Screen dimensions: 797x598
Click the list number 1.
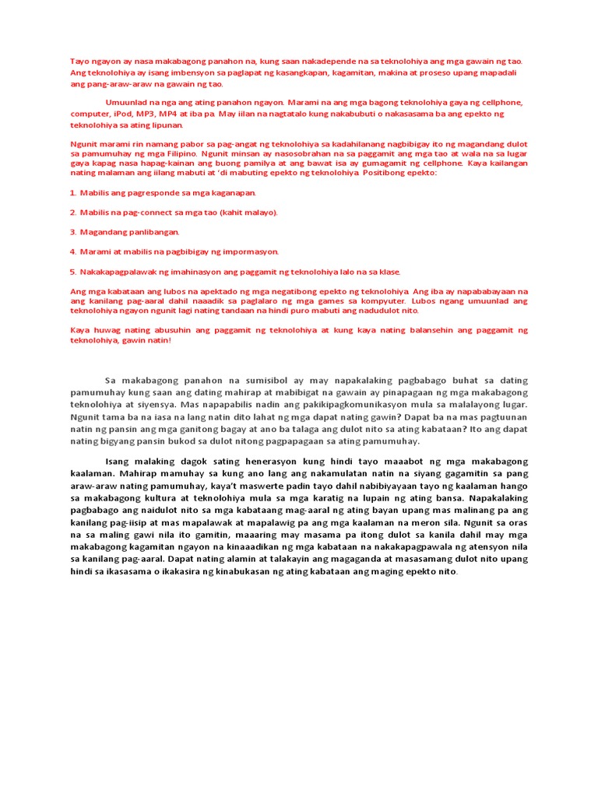coord(72,192)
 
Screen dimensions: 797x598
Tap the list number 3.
coord(72,232)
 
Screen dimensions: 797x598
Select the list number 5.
coord(72,272)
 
